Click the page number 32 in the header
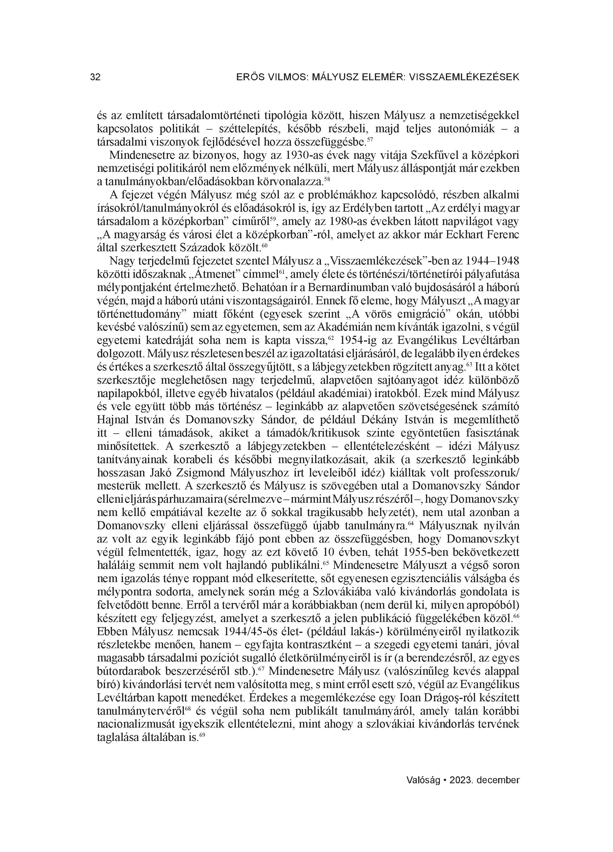tap(96, 77)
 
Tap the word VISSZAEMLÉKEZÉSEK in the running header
tap(464, 77)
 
